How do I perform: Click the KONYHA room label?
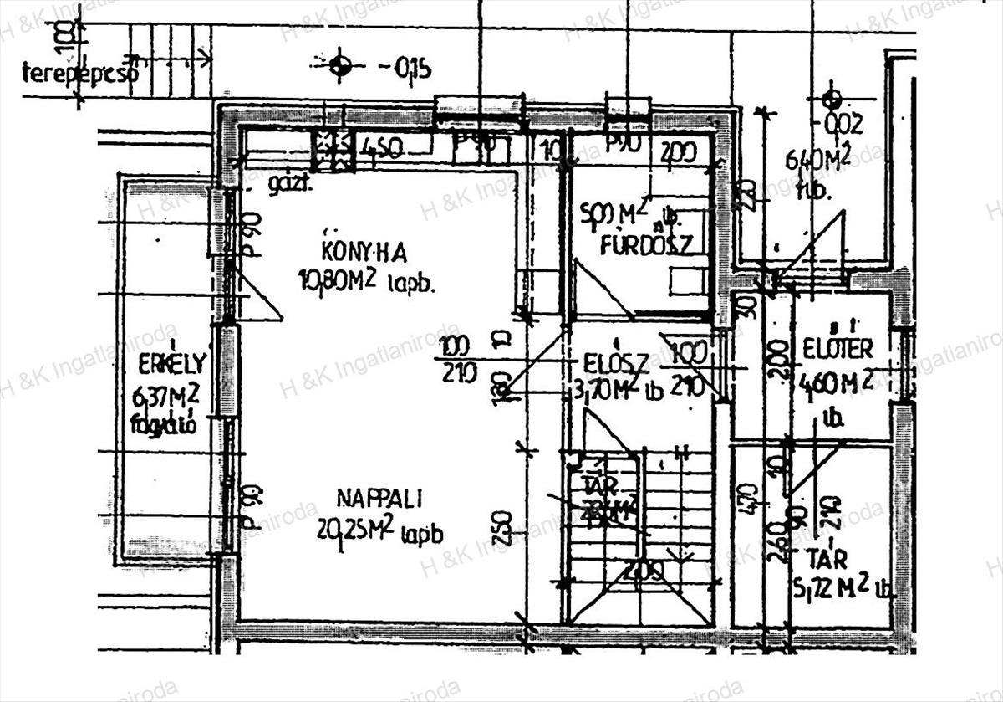click(x=364, y=250)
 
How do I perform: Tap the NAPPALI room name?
click(x=379, y=499)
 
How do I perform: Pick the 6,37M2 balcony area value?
click(x=165, y=395)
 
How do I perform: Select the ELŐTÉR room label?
click(x=838, y=348)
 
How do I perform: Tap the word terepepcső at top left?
click(x=79, y=74)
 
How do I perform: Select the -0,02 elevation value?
click(x=843, y=126)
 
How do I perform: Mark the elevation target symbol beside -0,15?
click(x=339, y=65)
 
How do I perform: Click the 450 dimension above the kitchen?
click(x=383, y=150)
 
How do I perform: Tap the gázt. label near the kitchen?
click(x=290, y=185)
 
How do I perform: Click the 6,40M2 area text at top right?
click(x=818, y=158)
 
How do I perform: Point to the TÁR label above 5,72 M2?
click(x=827, y=558)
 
